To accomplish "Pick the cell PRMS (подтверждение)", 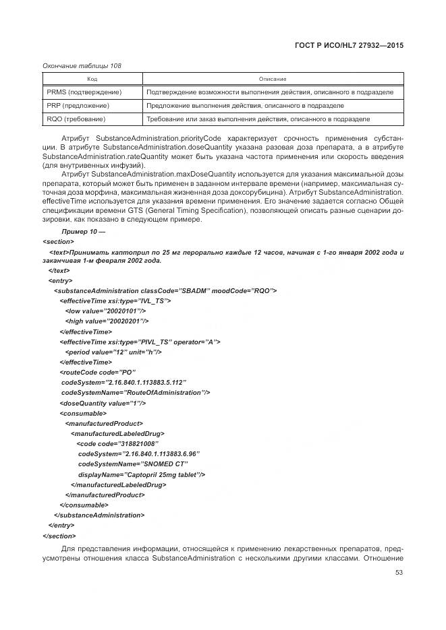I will click(84, 92).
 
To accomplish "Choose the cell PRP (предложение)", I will click(78, 106).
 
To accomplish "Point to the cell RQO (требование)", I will click(76, 119).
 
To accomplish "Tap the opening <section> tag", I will click(58, 241).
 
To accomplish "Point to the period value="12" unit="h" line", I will click(113, 352).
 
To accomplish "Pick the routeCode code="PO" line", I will click(98, 372).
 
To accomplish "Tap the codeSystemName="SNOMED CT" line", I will click(132, 464).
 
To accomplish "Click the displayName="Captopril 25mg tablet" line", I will click(141, 474).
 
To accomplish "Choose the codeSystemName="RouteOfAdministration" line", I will click(136, 392).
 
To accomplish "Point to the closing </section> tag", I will click(59, 536).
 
